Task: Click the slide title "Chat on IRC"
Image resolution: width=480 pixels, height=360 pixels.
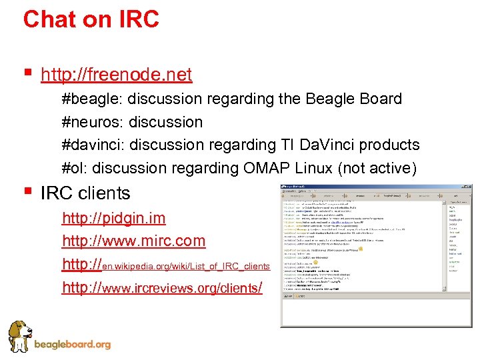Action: coord(91,19)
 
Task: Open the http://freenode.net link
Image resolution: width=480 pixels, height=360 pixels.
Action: coord(116,75)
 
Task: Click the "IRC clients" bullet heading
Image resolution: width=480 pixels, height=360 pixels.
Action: coord(85,193)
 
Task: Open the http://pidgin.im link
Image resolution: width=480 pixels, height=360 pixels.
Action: coord(113,218)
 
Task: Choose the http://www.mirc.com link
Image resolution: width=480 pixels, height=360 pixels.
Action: coord(133,241)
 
